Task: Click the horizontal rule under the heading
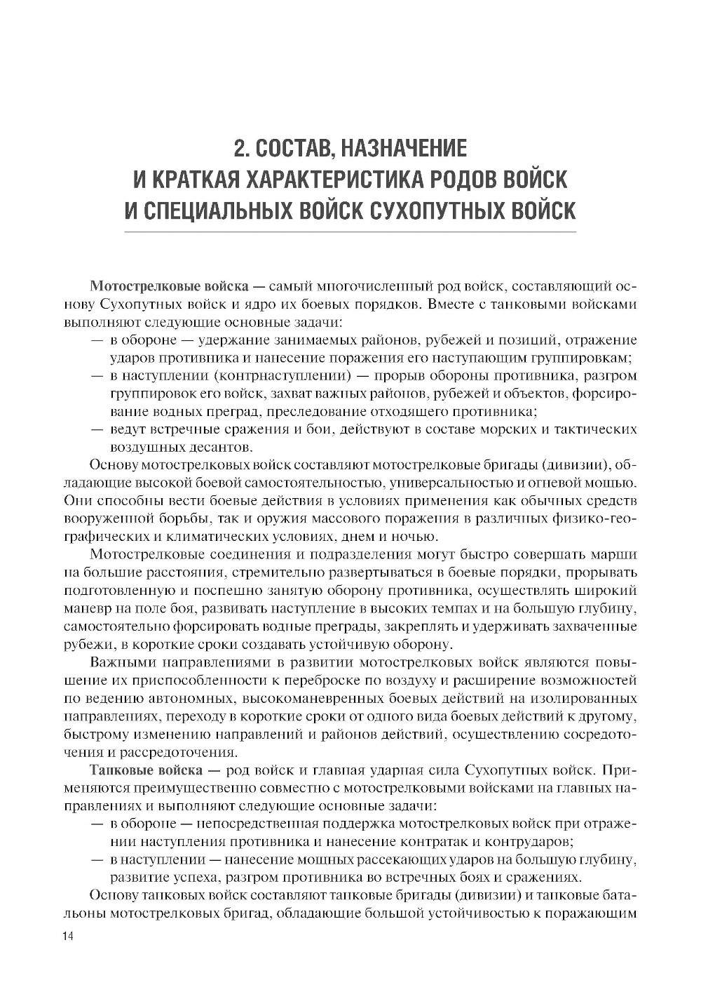point(350,232)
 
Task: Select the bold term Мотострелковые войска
point(169,287)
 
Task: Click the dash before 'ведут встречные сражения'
point(97,429)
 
